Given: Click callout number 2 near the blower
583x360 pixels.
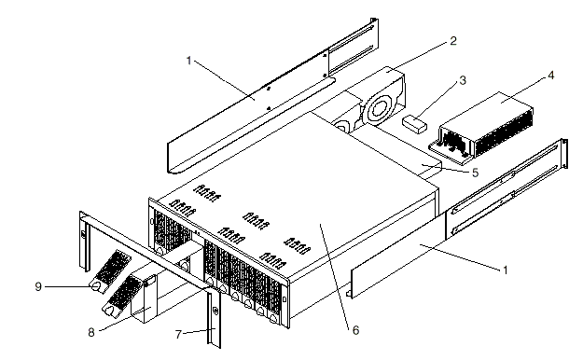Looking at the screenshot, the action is pyautogui.click(x=452, y=40).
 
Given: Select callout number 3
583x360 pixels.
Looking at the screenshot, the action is pyautogui.click(x=463, y=80).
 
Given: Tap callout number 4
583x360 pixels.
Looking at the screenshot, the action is pyautogui.click(x=550, y=76).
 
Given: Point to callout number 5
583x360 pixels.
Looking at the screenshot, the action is pyautogui.click(x=475, y=173).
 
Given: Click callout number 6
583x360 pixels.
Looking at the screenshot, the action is pyautogui.click(x=355, y=330).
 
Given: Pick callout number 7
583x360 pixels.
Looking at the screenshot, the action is pyautogui.click(x=178, y=335).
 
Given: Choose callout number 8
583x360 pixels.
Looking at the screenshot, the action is pyautogui.click(x=91, y=332).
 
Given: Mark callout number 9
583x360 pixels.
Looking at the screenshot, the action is pyautogui.click(x=38, y=286).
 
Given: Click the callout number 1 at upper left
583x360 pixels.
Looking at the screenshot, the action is pyautogui.click(x=188, y=61).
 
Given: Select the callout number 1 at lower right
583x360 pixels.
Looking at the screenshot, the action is pyautogui.click(x=505, y=270).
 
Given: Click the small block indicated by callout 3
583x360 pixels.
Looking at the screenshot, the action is pyautogui.click(x=414, y=124).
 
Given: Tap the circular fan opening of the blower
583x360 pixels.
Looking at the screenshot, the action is pyautogui.click(x=379, y=109).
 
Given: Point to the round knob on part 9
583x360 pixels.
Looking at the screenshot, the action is pyautogui.click(x=96, y=286).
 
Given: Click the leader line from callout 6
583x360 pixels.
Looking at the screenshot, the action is pyautogui.click(x=334, y=276).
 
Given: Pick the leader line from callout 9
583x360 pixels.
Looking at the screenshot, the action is pyautogui.click(x=68, y=286).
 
